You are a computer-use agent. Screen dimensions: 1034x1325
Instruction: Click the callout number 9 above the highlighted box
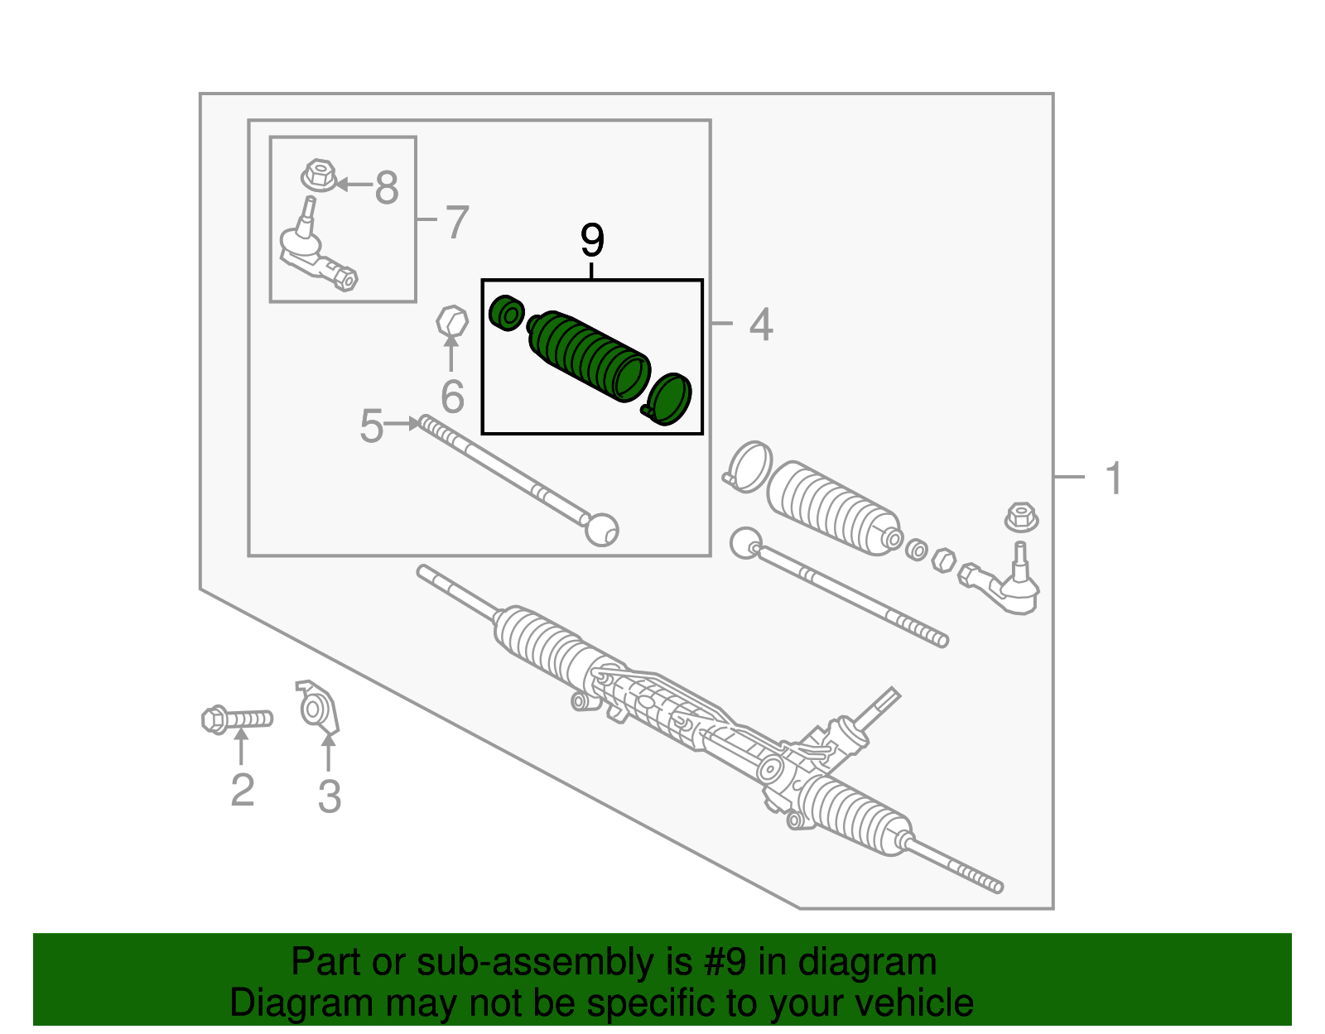(592, 241)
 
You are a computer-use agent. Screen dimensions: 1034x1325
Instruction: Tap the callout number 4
(760, 325)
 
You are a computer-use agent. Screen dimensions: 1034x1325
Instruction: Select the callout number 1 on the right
(1114, 479)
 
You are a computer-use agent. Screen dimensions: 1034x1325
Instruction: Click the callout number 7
(457, 222)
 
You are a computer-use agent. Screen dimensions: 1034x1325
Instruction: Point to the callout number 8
(387, 188)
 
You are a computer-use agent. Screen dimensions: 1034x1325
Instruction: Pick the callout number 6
(452, 397)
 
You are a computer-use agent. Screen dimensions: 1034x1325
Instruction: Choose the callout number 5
(371, 426)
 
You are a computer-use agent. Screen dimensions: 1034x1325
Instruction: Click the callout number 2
(242, 790)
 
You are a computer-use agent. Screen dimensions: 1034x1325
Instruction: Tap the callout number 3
(329, 796)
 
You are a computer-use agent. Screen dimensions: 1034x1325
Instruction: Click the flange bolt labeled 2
(236, 719)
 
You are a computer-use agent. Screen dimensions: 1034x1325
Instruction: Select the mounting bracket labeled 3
(319, 709)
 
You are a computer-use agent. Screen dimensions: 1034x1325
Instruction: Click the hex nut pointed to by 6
(451, 321)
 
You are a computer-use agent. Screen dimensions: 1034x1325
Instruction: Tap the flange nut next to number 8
(318, 176)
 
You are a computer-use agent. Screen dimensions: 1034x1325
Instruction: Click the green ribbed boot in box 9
(588, 354)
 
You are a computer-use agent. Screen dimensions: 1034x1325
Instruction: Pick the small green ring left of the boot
(506, 313)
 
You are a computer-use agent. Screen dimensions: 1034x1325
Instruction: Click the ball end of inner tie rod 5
(601, 529)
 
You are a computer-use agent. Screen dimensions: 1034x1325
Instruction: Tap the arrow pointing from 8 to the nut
(352, 184)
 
